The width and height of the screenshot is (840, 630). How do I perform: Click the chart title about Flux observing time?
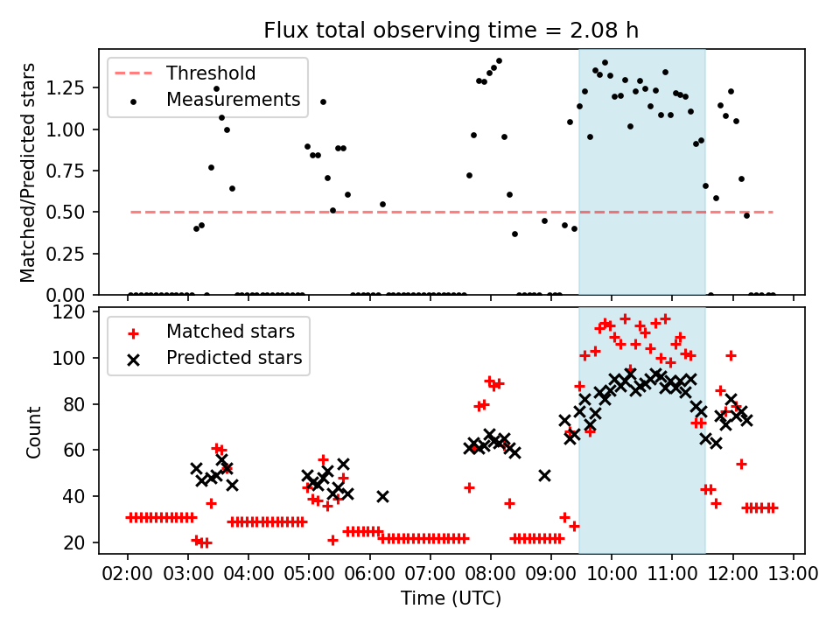tap(451, 31)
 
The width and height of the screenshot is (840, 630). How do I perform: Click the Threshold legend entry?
tap(211, 73)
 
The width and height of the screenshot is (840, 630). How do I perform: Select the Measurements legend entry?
tap(233, 100)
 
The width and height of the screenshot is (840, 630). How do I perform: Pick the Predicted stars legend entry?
tap(234, 358)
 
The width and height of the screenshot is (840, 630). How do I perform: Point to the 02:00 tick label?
tap(128, 576)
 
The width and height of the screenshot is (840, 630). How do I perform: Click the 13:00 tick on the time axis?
tap(794, 576)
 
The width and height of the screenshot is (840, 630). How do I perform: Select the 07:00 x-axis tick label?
tap(430, 576)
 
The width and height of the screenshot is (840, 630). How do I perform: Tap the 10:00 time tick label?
tap(612, 576)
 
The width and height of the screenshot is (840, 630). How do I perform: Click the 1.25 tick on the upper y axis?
tap(73, 88)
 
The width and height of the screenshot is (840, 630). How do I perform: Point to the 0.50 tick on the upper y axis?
tap(73, 212)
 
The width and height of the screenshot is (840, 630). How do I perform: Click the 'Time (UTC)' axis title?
tap(451, 598)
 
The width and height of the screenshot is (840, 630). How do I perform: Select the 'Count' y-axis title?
tap(34, 431)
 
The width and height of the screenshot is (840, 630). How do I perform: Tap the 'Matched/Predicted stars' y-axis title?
tap(28, 171)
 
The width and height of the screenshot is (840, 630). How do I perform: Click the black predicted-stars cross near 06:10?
tap(382, 496)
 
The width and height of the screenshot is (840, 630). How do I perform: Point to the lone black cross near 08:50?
tap(544, 475)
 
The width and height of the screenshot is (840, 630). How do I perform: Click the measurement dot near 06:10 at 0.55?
tap(382, 204)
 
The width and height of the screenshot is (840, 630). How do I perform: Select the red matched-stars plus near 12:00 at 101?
tap(731, 355)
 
